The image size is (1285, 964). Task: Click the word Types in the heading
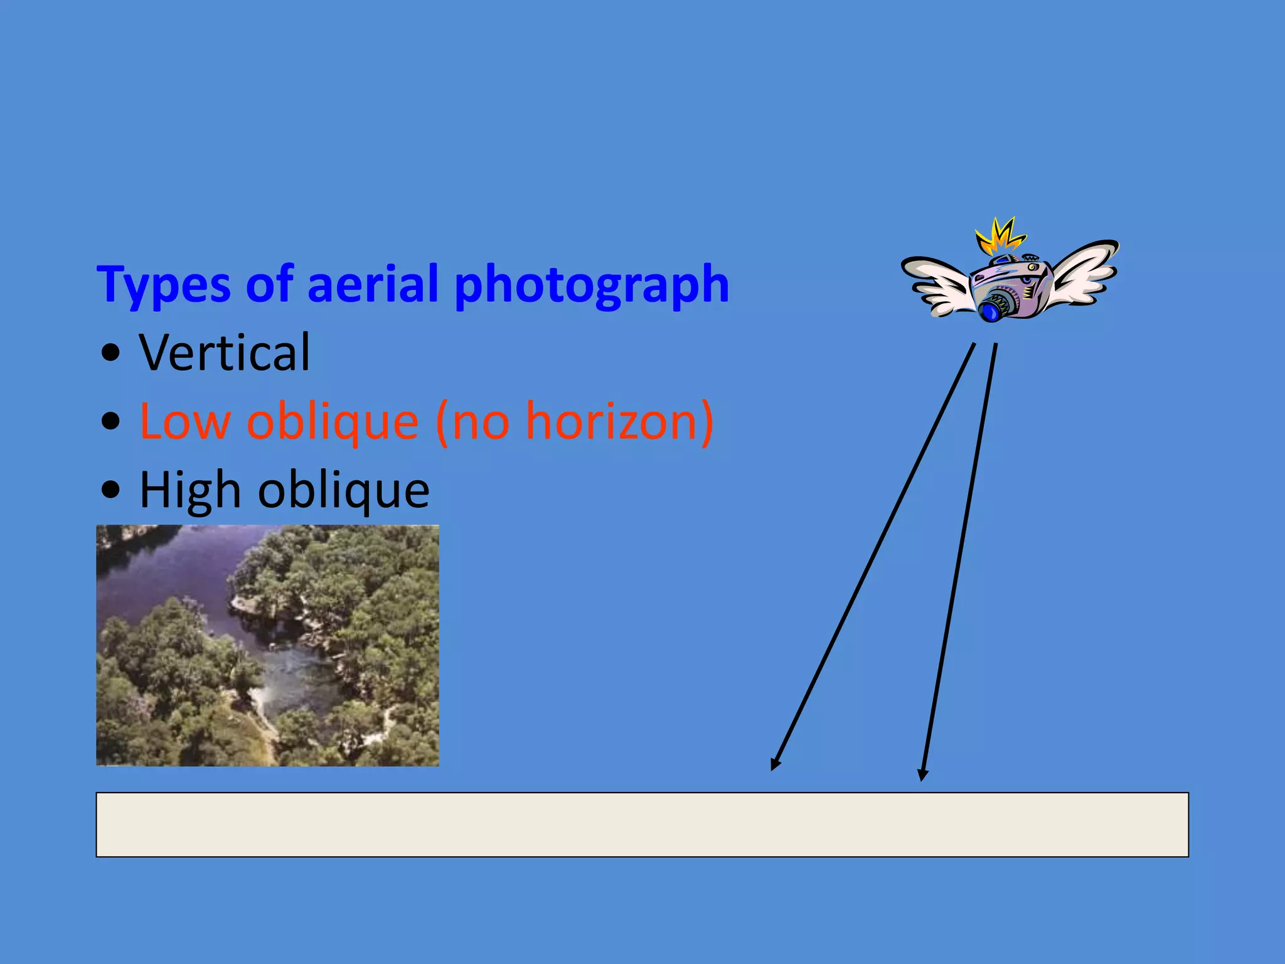pos(164,286)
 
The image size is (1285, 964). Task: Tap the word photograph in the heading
pos(591,286)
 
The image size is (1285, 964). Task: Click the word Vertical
pos(225,353)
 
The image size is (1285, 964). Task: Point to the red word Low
pos(184,421)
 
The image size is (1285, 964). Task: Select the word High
pos(190,490)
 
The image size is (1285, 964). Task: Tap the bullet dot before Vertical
pos(110,354)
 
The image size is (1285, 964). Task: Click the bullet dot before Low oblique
pos(110,422)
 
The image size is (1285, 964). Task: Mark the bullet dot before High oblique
pos(110,490)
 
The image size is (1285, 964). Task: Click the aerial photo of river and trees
pos(267,645)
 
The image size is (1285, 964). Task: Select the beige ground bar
pos(642,825)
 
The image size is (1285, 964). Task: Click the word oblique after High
pos(344,490)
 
